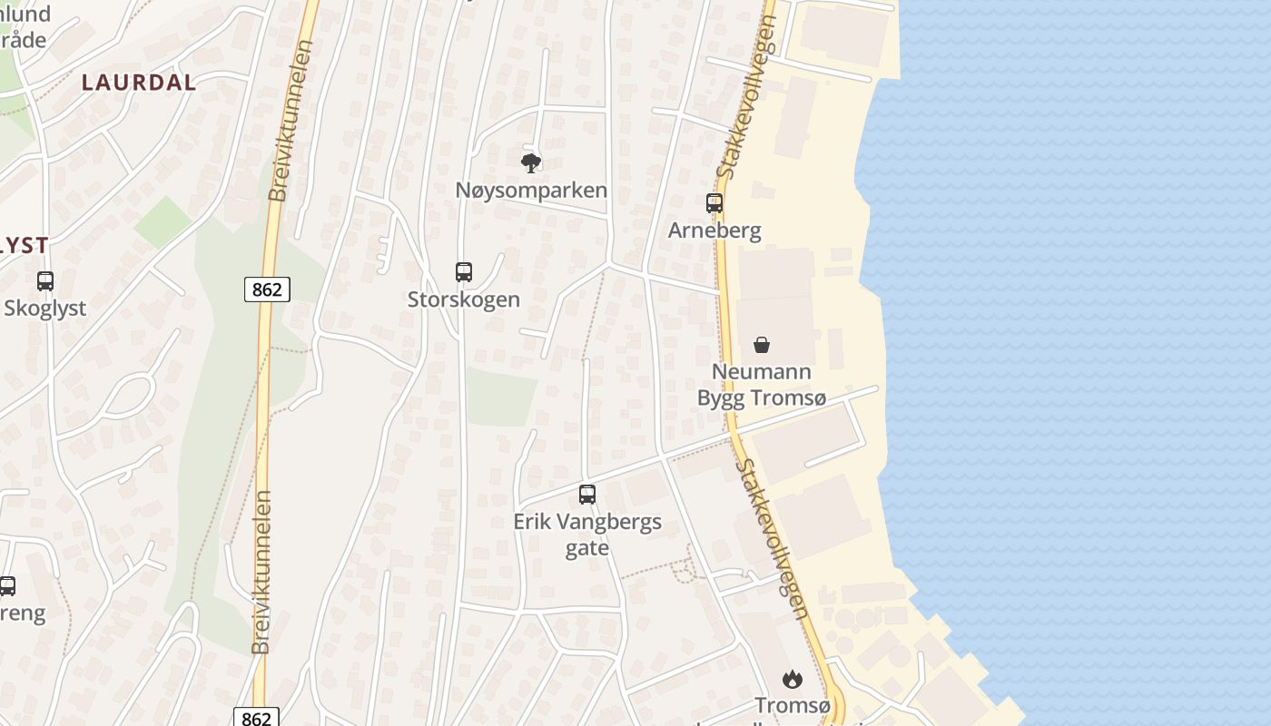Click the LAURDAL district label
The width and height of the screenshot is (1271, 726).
pos(138,83)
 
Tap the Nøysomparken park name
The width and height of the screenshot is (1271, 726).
pos(531,191)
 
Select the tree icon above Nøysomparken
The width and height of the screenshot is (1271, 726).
pos(531,163)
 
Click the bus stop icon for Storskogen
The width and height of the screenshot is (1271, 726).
pos(464,271)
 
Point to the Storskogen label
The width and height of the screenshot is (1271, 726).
pos(464,299)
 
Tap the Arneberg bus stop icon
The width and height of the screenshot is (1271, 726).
pos(714,203)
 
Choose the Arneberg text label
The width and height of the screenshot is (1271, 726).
pos(714,231)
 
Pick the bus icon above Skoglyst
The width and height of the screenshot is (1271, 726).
pos(45,281)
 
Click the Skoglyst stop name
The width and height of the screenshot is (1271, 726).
pos(45,309)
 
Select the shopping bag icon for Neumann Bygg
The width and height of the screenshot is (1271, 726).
pos(762,345)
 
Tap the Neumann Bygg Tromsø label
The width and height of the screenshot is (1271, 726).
pos(762,385)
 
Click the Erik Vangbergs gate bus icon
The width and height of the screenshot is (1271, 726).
pos(587,495)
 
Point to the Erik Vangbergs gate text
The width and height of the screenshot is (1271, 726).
pos(587,535)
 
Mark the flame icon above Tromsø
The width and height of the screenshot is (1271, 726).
pos(793,679)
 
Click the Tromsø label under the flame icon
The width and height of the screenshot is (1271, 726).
pos(793,706)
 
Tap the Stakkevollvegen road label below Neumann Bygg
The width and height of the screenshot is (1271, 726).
pos(771,539)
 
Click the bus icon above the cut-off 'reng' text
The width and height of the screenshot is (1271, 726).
pos(7,586)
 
